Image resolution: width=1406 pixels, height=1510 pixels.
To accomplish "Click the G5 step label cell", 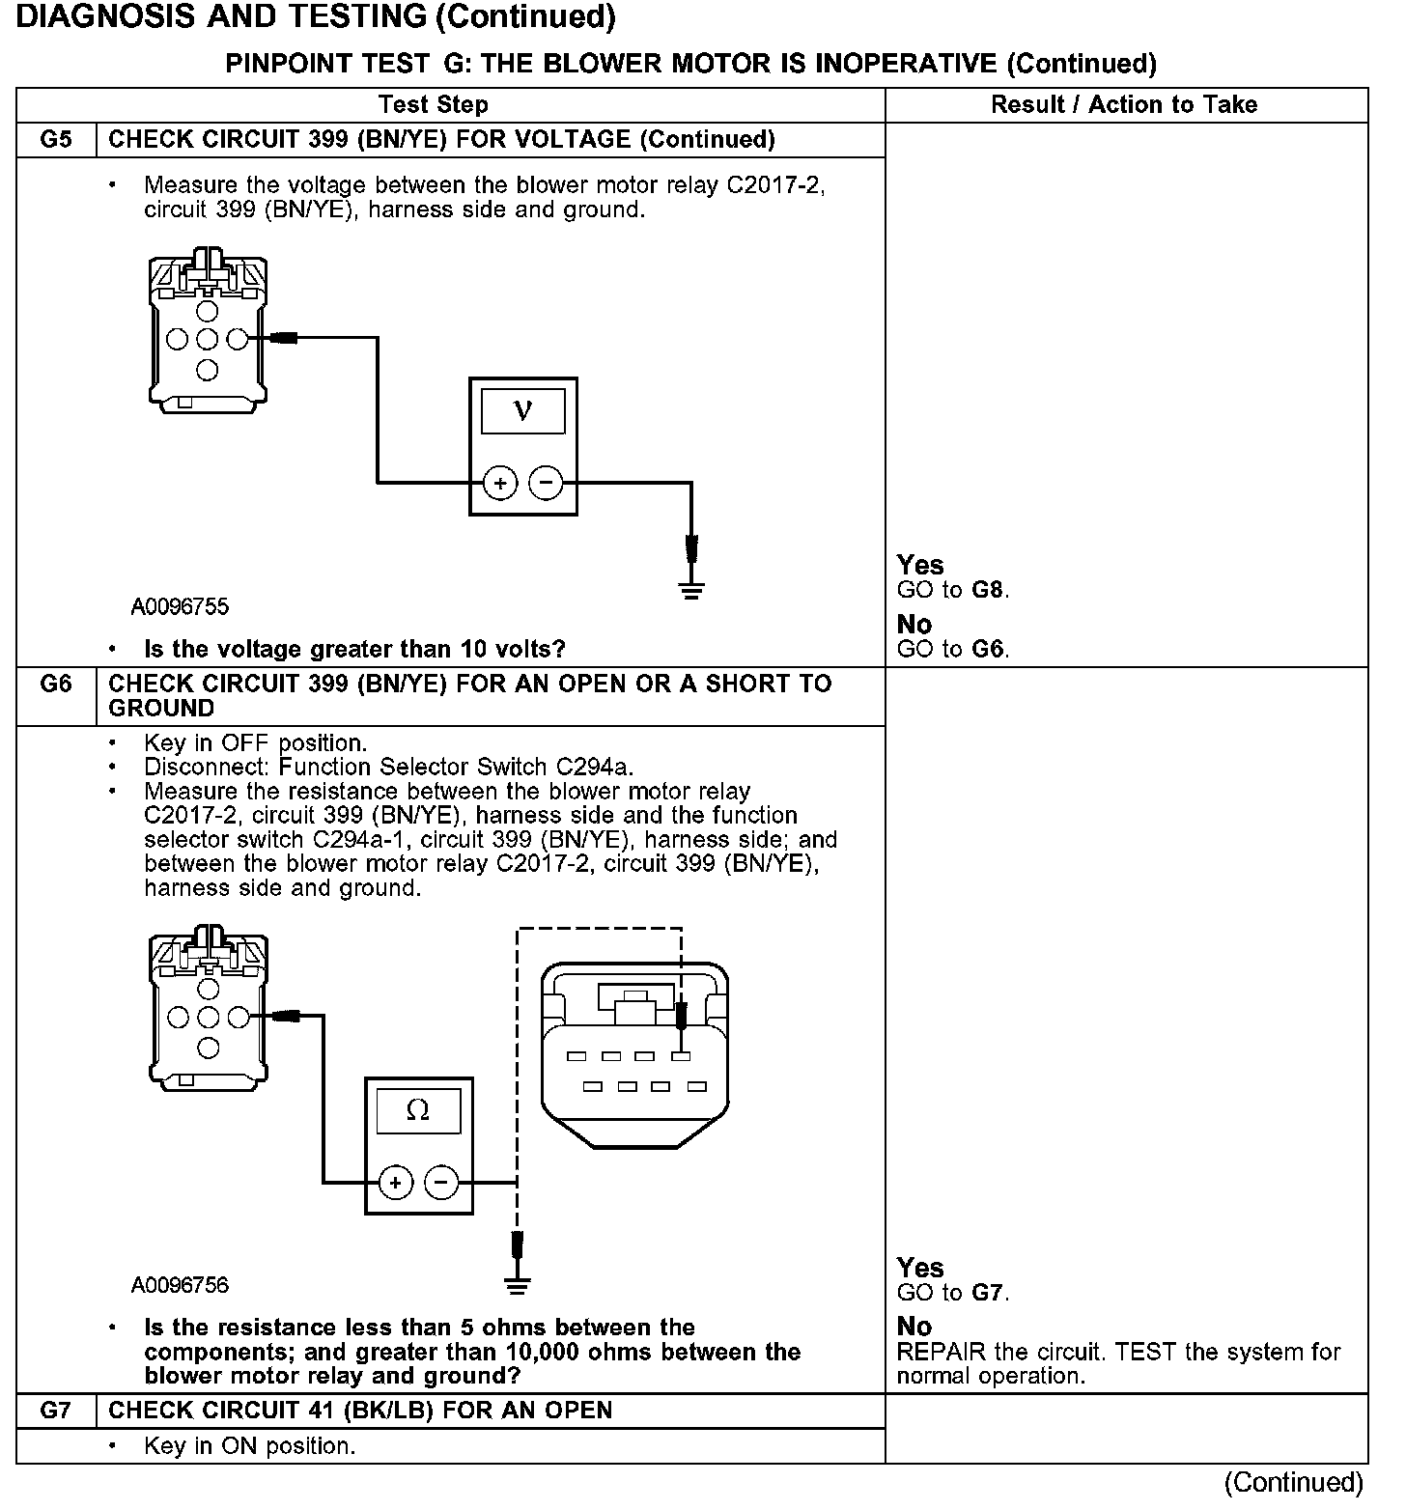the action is (x=56, y=139).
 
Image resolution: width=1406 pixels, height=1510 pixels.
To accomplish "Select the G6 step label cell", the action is (x=56, y=695).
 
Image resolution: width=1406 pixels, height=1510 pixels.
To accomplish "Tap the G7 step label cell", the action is (x=56, y=1411).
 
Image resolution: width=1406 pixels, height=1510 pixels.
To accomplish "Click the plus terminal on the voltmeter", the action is (x=500, y=482).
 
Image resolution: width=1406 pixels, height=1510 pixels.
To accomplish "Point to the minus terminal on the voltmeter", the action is (x=547, y=482).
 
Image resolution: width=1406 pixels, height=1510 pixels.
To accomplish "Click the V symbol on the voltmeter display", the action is (x=523, y=410).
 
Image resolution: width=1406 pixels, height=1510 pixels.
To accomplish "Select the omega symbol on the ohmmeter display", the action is (x=418, y=1110).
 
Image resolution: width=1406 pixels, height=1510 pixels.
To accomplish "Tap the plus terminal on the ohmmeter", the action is (x=395, y=1182).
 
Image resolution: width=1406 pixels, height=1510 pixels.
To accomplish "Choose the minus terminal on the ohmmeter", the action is (x=441, y=1182).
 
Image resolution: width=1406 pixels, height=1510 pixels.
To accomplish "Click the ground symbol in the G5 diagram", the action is (x=691, y=589).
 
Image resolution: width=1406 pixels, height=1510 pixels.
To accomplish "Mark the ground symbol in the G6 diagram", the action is (x=519, y=1285).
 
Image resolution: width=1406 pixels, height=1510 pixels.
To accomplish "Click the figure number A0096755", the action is (x=181, y=606).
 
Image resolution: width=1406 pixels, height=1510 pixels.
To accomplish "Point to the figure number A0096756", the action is (x=181, y=1285).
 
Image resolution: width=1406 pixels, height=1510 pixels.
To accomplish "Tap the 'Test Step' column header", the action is (x=434, y=104).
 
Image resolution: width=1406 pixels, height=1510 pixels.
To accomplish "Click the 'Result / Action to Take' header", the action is (x=1125, y=104).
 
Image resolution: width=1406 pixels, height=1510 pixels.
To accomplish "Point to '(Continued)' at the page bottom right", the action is (x=1294, y=1482).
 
